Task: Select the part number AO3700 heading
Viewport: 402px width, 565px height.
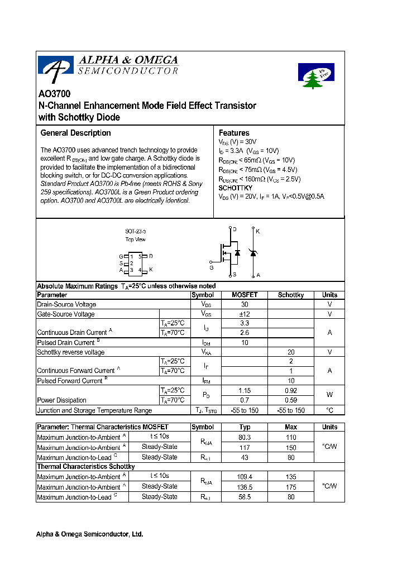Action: point(54,94)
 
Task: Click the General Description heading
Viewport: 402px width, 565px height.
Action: point(75,133)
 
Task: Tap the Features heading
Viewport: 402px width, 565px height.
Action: point(234,133)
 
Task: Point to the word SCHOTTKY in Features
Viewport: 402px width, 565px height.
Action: point(235,188)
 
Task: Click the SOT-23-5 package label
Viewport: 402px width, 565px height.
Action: point(135,231)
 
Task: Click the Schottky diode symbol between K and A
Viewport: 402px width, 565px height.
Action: point(253,253)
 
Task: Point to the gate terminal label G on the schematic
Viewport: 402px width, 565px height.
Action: point(211,267)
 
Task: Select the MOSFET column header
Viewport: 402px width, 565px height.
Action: point(245,295)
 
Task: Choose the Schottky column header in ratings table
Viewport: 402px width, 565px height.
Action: point(290,295)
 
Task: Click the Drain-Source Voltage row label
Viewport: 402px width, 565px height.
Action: point(66,305)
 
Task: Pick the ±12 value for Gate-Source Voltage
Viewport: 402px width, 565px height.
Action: point(245,314)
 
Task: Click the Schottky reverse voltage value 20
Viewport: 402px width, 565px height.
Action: point(291,352)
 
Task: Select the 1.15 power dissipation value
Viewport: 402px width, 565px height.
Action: point(245,390)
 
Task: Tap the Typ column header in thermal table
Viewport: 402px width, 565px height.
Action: point(245,427)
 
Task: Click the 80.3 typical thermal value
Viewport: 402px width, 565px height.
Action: point(245,437)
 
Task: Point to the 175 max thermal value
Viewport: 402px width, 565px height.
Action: point(291,486)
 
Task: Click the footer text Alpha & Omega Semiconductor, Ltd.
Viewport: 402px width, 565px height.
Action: point(89,534)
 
